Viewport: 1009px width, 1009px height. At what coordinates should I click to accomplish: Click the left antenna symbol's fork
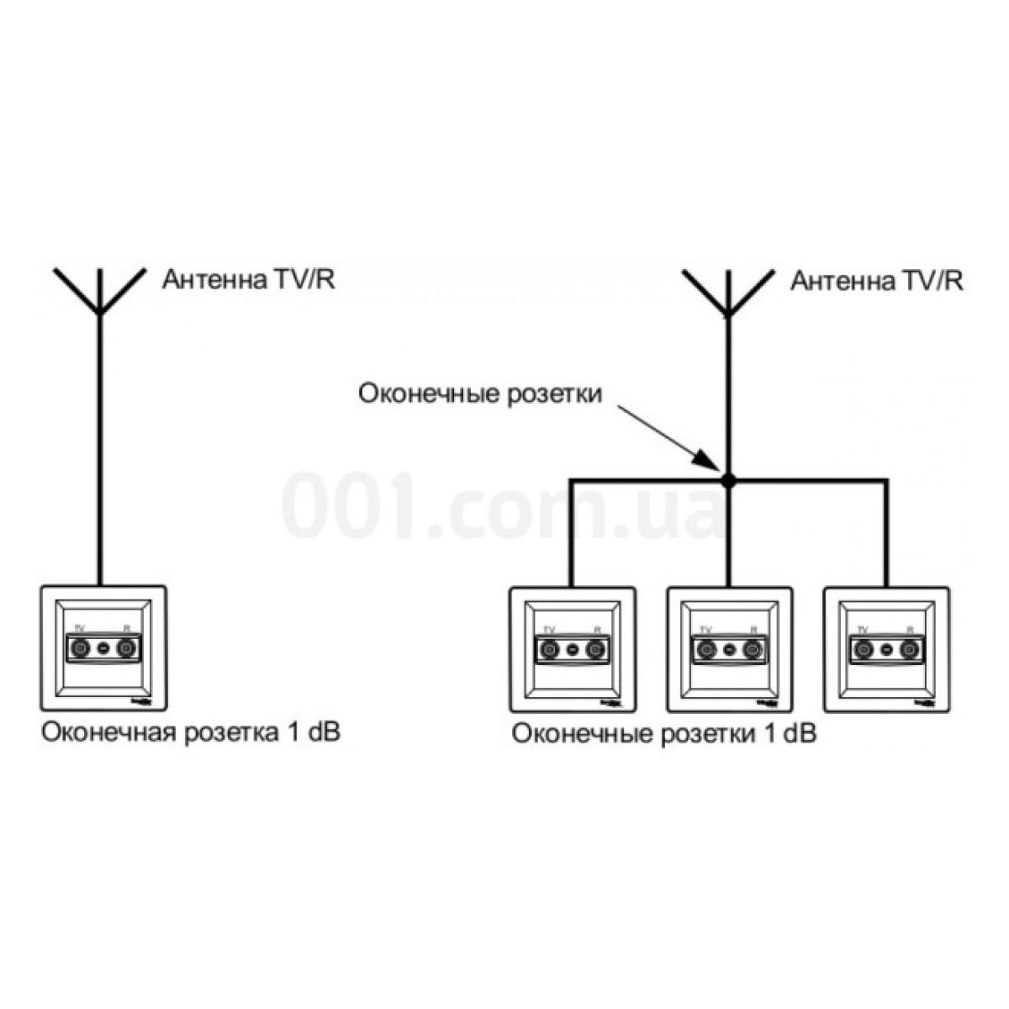point(100,294)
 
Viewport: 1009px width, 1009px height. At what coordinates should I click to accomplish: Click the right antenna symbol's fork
point(728,294)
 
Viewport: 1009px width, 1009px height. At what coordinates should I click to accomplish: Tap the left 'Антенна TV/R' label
point(249,279)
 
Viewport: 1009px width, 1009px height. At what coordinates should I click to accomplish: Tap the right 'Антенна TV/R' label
point(877,280)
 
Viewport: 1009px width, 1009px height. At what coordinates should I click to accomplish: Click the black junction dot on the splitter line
point(728,481)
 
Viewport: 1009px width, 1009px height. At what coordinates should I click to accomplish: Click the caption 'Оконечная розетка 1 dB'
point(191,732)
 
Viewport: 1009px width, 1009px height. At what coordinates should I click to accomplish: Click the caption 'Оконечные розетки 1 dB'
point(664,734)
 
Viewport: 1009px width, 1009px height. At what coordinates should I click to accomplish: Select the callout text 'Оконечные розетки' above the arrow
point(481,394)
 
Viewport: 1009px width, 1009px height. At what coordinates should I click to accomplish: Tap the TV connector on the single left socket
point(81,648)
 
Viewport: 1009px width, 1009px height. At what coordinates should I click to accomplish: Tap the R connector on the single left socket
point(126,648)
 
